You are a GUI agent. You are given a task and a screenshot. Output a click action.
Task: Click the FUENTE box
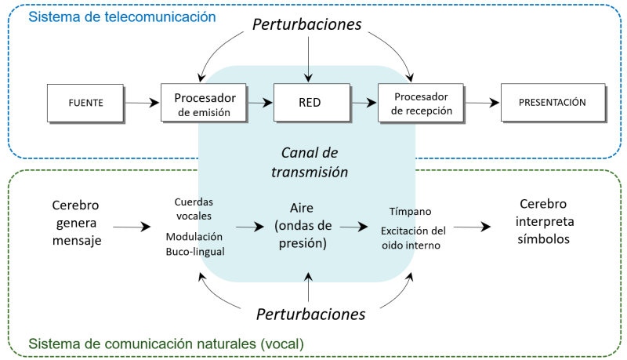pyautogui.click(x=85, y=103)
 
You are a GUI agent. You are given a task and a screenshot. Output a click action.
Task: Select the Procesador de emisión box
pyautogui.click(x=205, y=104)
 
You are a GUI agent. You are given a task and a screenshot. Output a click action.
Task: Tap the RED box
pyautogui.click(x=310, y=103)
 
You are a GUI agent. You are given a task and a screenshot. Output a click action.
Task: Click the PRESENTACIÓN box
pyautogui.click(x=553, y=103)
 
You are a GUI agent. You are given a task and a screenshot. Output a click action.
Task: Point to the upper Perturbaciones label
pyautogui.click(x=306, y=24)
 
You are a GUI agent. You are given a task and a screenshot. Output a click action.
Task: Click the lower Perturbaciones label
pyautogui.click(x=310, y=315)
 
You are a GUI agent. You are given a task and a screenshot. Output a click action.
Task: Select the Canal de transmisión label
pyautogui.click(x=310, y=162)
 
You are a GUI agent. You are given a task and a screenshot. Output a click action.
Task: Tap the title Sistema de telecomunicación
pyautogui.click(x=122, y=16)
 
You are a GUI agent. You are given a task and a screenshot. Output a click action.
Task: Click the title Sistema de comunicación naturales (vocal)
pyautogui.click(x=165, y=344)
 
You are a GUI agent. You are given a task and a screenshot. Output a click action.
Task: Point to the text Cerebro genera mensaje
pyautogui.click(x=76, y=223)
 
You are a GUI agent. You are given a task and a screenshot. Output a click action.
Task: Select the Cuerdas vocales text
pyautogui.click(x=194, y=209)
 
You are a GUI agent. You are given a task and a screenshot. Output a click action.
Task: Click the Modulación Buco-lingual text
pyautogui.click(x=194, y=244)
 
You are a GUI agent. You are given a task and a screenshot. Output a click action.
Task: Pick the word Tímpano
pyautogui.click(x=409, y=212)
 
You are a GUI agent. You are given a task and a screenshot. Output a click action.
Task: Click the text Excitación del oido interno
pyautogui.click(x=413, y=238)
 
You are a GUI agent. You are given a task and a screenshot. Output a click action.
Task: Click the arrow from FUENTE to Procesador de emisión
pyautogui.click(x=142, y=102)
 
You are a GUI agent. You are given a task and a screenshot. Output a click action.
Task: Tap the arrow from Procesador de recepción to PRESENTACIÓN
pyautogui.click(x=484, y=103)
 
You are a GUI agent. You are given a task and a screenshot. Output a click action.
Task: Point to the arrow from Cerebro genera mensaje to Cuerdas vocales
pyautogui.click(x=135, y=227)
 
